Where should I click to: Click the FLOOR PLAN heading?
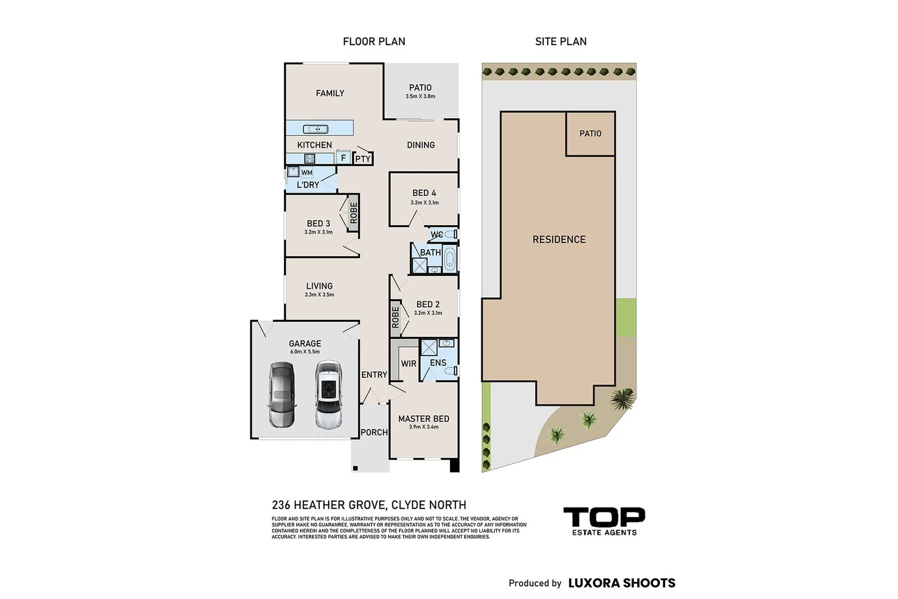coord(374,42)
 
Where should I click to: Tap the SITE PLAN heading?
coord(560,42)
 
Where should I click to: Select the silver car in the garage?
coord(282,394)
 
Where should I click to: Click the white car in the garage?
coord(329,394)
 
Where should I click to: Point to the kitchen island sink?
coord(315,129)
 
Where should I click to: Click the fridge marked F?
coord(343,158)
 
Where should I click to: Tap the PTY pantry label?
coord(363,159)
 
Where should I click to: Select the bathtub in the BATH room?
coord(450,259)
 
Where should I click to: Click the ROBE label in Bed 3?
coord(354,212)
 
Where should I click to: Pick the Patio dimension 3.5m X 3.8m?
coord(420,97)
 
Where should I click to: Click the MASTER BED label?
coord(424,419)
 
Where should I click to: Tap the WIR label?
coord(409,364)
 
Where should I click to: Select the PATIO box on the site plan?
coord(590,134)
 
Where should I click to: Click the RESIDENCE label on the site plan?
coord(559,240)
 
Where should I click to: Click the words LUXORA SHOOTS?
coord(622,583)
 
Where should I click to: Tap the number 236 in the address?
coord(280,505)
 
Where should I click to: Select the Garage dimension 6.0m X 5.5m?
coord(305,352)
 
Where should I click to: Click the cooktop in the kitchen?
coord(310,159)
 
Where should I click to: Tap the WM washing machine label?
coord(307,172)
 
